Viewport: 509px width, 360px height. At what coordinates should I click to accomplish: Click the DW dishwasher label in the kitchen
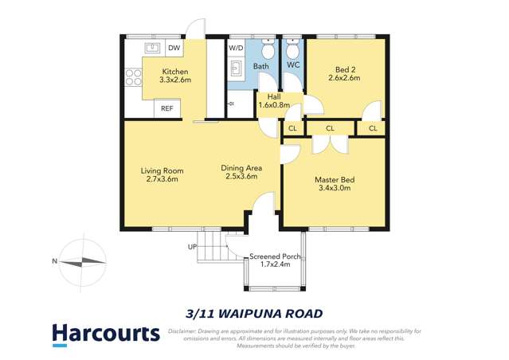pyautogui.click(x=173, y=48)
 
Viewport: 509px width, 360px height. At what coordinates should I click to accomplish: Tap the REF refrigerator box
pyautogui.click(x=167, y=108)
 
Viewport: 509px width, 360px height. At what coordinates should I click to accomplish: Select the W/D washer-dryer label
pyautogui.click(x=236, y=48)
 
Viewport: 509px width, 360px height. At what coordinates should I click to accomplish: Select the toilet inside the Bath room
pyautogui.click(x=268, y=50)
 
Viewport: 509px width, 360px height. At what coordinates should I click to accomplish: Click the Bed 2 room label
pyautogui.click(x=344, y=73)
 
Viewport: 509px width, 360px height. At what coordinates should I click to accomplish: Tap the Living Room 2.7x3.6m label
pyautogui.click(x=162, y=174)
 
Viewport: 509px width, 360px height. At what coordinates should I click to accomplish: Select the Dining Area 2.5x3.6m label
pyautogui.click(x=241, y=172)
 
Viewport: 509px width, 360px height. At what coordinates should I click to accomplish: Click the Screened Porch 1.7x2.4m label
pyautogui.click(x=273, y=260)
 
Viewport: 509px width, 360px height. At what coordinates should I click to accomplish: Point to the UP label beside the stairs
pyautogui.click(x=193, y=247)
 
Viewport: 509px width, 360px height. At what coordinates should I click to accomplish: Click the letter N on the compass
pyautogui.click(x=54, y=260)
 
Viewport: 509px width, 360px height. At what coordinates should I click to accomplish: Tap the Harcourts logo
pyautogui.click(x=105, y=333)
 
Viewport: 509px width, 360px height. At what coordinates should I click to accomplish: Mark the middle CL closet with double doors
pyautogui.click(x=330, y=127)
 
